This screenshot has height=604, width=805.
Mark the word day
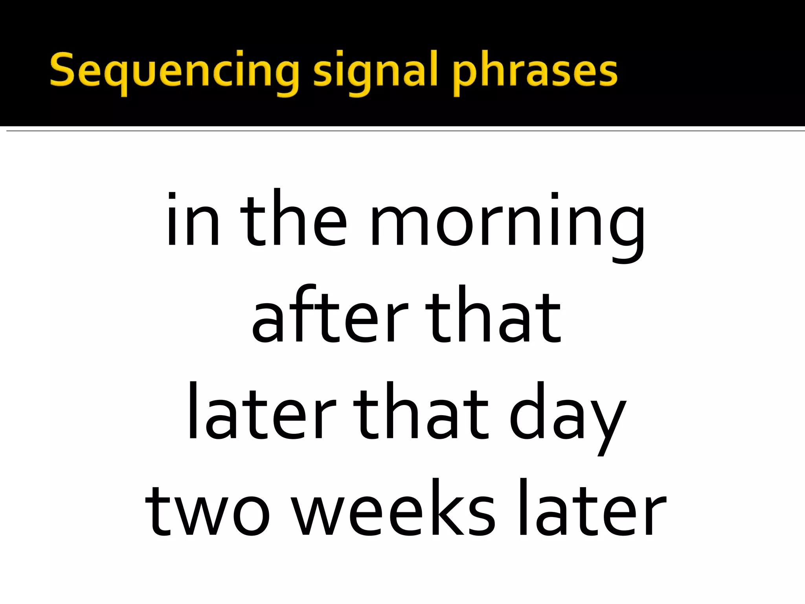(x=566, y=417)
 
